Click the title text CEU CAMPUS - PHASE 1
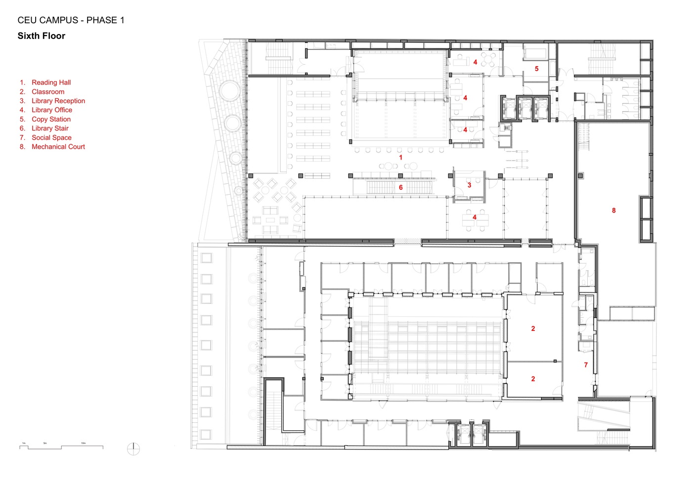pyautogui.click(x=71, y=20)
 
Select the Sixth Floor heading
pyautogui.click(x=42, y=36)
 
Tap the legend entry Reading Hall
pyautogui.click(x=51, y=82)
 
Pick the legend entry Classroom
pyautogui.click(x=48, y=92)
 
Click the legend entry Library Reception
pyautogui.click(x=58, y=101)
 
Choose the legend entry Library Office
pyautogui.click(x=52, y=110)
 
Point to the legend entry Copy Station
pyautogui.click(x=51, y=119)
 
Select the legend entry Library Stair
pyautogui.click(x=50, y=128)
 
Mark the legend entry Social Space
pyautogui.click(x=51, y=138)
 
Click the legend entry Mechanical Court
pyautogui.click(x=58, y=147)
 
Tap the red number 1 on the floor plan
pyautogui.click(x=400, y=158)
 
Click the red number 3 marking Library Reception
pyautogui.click(x=469, y=185)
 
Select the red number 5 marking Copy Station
pyautogui.click(x=536, y=69)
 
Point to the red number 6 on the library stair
pyautogui.click(x=400, y=188)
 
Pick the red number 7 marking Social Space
pyautogui.click(x=586, y=365)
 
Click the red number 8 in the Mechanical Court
pyautogui.click(x=613, y=210)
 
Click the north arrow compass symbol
pyautogui.click(x=133, y=449)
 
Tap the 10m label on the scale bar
pyautogui.click(x=83, y=443)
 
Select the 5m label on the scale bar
pyautogui.click(x=45, y=443)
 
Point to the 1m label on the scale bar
pyautogui.click(x=24, y=443)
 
